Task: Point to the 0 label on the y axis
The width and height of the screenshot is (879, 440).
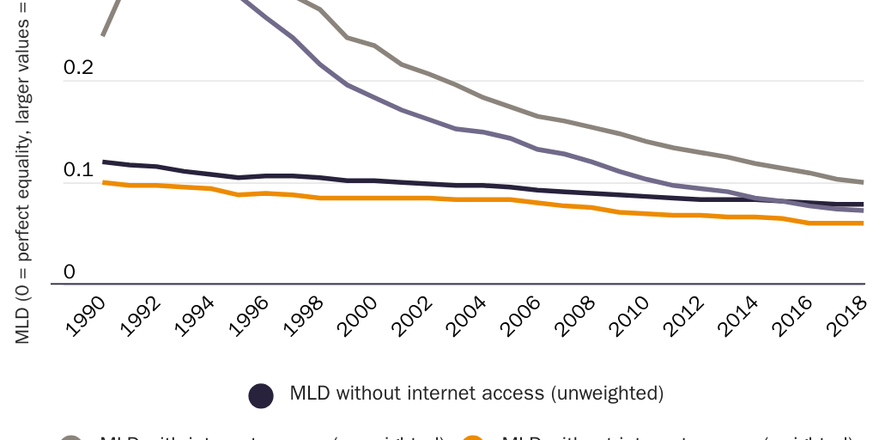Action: [x=70, y=272]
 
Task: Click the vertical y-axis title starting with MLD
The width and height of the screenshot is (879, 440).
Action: [x=23, y=172]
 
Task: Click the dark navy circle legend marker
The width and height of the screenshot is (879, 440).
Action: [x=261, y=394]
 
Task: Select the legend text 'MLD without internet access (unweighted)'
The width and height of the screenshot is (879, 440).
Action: [x=476, y=394]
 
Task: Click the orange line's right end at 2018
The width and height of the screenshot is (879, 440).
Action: [x=863, y=223]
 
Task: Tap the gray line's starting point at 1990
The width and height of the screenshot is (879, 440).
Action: [x=103, y=35]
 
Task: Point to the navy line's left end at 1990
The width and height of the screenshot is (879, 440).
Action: [x=103, y=162]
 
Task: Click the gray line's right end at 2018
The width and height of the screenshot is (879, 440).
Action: [x=863, y=182]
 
